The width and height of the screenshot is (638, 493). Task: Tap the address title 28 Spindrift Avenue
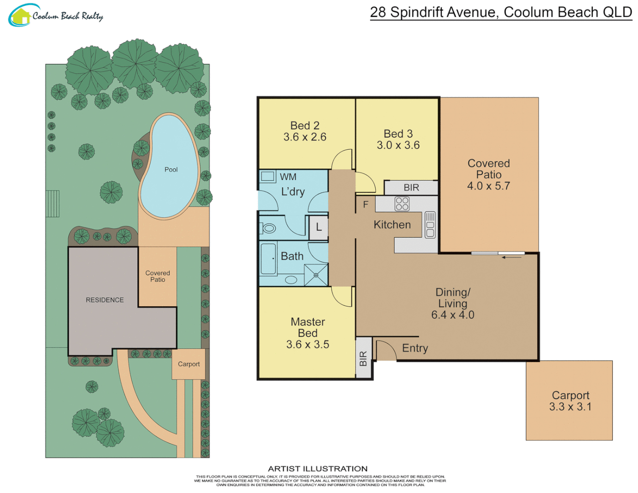500,12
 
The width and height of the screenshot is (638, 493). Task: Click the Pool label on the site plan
171,169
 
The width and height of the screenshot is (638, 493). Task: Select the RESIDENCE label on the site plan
105,300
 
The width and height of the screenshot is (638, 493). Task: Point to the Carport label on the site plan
188,364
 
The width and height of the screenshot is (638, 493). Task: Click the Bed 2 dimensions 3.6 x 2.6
304,137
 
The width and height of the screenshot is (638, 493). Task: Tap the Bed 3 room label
398,134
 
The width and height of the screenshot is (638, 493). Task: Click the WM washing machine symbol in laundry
268,176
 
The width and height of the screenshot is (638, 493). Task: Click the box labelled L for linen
319,227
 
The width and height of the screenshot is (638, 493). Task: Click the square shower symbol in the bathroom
316,275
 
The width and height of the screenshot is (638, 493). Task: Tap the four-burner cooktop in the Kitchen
402,204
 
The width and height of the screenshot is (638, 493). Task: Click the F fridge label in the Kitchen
366,205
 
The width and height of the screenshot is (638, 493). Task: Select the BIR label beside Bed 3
411,188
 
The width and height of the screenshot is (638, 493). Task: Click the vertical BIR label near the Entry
363,358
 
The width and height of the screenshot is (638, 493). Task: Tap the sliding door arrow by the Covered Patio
512,257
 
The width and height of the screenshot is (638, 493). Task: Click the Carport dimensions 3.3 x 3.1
570,407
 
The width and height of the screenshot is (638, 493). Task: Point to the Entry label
415,348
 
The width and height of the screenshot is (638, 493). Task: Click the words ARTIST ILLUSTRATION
318,469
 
